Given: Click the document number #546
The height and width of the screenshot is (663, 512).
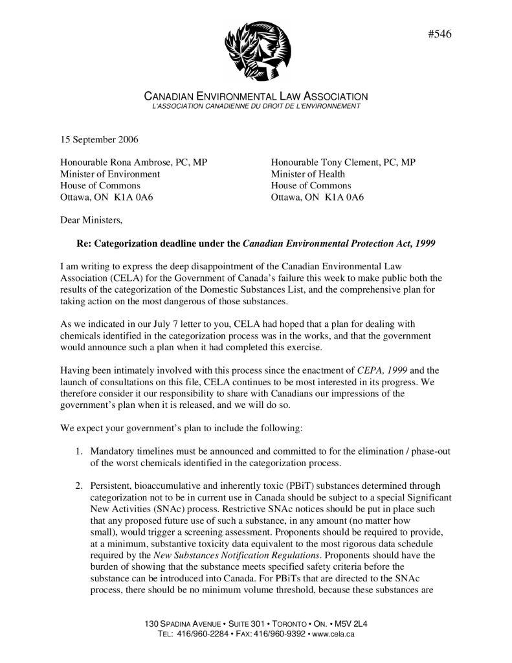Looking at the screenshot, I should tap(440, 34).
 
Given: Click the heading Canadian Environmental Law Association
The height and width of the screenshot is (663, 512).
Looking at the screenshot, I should tap(256, 96).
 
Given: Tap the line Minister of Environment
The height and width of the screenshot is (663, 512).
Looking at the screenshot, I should tap(110, 174).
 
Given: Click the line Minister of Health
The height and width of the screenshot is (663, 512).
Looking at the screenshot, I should tap(308, 174).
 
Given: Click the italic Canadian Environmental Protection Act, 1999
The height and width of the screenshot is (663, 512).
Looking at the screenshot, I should tap(339, 244).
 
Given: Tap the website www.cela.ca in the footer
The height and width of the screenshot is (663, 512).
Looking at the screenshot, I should tap(333, 634).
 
